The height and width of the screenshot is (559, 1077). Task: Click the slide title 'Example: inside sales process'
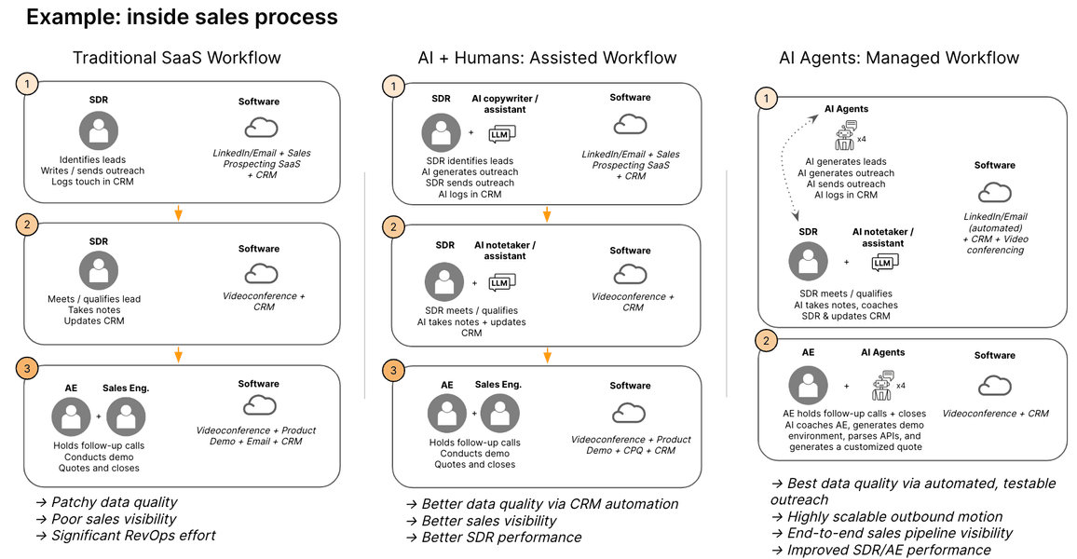[x=182, y=17]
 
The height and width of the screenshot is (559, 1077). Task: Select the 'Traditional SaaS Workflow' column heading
[x=177, y=58]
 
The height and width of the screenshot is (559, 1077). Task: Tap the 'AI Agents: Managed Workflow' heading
[x=899, y=58]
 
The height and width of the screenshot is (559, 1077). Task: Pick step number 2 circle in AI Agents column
[x=766, y=341]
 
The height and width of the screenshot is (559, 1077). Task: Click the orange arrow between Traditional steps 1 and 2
[x=178, y=212]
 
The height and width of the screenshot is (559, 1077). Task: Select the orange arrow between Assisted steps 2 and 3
[x=548, y=354]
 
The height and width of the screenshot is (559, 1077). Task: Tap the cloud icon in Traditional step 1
[x=261, y=128]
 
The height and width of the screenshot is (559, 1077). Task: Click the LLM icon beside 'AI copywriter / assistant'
[x=502, y=135]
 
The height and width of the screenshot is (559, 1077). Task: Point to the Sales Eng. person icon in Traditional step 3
[x=126, y=416]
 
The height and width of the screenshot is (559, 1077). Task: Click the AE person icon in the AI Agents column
[x=808, y=385]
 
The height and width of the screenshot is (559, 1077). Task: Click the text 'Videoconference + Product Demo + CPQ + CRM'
[x=631, y=445]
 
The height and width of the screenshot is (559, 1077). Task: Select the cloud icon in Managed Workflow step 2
[x=995, y=386]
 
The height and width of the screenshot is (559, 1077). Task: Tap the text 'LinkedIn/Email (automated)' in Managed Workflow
[x=995, y=222]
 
